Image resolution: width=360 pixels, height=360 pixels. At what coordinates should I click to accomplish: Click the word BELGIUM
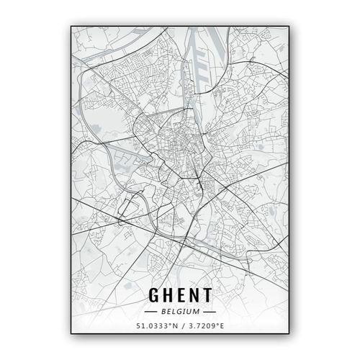click(180, 312)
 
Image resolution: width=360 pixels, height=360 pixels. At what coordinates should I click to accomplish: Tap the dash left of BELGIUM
click(151, 312)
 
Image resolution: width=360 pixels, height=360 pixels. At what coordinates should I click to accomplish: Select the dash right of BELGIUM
click(209, 312)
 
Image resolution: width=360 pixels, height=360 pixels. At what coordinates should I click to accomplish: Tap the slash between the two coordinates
click(181, 328)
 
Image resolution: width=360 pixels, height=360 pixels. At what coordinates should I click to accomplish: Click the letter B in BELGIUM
click(163, 312)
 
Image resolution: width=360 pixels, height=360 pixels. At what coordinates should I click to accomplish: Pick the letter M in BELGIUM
click(197, 312)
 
